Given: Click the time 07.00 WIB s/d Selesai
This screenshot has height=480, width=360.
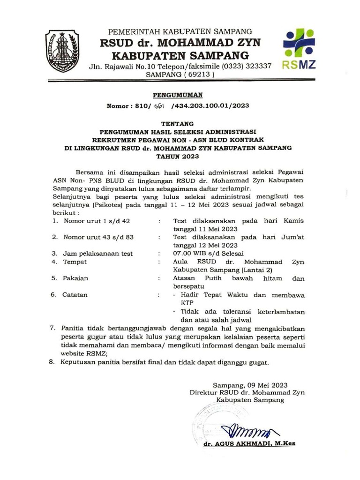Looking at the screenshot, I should pyautogui.click(x=205, y=254).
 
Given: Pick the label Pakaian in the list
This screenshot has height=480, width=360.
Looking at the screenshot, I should pyautogui.click(x=75, y=278).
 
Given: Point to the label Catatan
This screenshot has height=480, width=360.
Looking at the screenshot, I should pyautogui.click(x=75, y=295).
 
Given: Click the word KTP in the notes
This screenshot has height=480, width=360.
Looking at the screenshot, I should pyautogui.click(x=188, y=303).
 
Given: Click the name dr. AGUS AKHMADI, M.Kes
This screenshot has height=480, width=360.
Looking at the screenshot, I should pyautogui.click(x=249, y=443).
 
